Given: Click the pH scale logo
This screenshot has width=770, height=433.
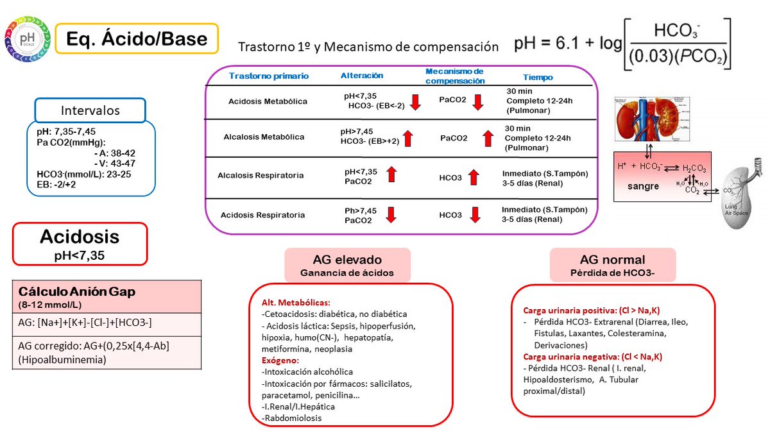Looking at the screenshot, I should pos(28,39).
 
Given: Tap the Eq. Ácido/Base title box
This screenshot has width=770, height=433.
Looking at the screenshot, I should pos(137,38).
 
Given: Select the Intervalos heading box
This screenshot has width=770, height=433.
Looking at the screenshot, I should pos(90,110).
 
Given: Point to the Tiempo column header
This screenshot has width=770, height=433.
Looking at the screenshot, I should pos(537,77).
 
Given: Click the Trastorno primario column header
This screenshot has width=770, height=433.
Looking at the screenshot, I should pos(269,76).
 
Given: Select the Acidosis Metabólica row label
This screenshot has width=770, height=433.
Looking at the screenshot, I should pos(268,101).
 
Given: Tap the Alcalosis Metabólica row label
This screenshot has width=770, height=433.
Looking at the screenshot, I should pos(264,137).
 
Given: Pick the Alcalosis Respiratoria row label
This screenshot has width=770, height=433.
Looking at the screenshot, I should pos(261,175).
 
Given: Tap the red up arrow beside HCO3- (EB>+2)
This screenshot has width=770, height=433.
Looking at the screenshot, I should pos(408,138).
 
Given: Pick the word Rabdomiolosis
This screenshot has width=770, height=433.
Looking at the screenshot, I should pos(293,418).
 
